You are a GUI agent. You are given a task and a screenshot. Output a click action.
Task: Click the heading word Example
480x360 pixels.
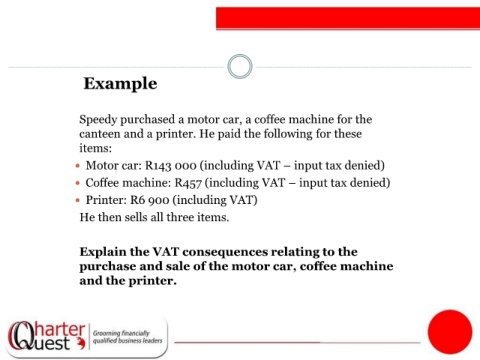point(120,84)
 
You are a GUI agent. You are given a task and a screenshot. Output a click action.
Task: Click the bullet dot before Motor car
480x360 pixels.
point(78,166)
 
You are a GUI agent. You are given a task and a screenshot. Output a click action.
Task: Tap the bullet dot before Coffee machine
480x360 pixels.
point(78,183)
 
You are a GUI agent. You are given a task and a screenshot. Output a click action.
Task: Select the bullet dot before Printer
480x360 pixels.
point(78,200)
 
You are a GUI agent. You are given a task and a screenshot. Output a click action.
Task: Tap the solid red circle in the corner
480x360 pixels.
point(450,332)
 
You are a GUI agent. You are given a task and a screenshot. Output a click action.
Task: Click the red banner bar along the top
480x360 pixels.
point(348,18)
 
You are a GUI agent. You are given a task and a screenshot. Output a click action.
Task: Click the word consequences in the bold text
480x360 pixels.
point(225,252)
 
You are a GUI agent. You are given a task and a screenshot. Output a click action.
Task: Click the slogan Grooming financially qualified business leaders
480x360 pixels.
point(127,337)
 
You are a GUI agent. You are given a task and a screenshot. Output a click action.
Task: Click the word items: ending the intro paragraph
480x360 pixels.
point(95,148)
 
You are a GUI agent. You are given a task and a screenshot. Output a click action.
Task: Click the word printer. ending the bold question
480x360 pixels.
point(152,281)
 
